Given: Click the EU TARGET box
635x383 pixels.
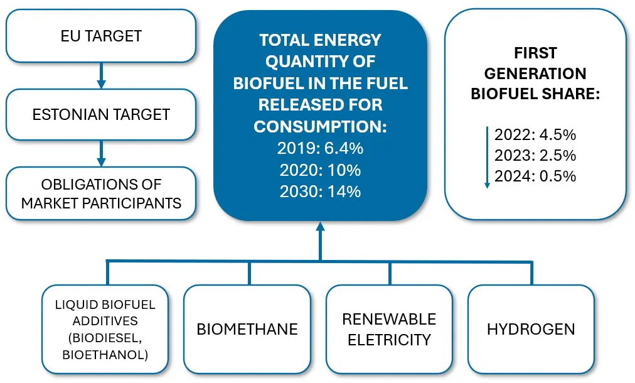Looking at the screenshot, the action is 101,36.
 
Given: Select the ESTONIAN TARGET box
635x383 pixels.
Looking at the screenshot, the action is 101,114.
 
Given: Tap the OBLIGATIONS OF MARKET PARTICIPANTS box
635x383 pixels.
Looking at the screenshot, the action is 101,193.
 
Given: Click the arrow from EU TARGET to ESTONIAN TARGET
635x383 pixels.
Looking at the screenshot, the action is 101,75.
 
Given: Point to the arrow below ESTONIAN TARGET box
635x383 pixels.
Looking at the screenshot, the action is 101,153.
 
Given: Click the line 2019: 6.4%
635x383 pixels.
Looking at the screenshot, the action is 320,148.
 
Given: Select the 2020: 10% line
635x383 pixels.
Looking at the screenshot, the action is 320,170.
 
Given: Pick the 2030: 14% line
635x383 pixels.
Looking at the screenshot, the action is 320,191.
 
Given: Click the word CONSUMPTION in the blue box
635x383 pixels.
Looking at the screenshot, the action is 320,126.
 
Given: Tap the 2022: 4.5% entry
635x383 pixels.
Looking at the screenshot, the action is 535,134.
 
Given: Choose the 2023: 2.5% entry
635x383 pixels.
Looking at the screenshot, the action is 535,155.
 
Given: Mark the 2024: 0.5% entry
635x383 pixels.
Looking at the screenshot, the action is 535,176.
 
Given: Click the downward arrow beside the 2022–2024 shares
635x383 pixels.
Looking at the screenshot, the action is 487,157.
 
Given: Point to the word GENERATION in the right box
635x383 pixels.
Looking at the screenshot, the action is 535,73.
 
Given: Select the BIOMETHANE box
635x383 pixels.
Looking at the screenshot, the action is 247,329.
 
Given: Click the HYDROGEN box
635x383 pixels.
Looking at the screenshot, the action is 531,329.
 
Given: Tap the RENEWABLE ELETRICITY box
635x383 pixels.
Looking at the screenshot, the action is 389,329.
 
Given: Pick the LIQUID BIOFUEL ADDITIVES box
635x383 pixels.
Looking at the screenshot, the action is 105,329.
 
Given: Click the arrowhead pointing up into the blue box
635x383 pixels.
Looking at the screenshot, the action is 321,226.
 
